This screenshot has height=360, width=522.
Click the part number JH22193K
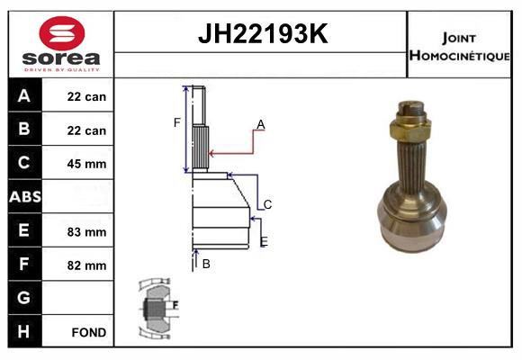click(x=261, y=35)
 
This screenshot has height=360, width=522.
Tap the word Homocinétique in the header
click(x=459, y=56)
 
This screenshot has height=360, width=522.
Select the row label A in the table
click(x=24, y=95)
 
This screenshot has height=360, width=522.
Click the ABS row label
click(x=24, y=196)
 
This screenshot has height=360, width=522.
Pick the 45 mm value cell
click(x=87, y=164)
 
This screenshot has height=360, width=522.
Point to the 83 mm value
click(x=87, y=231)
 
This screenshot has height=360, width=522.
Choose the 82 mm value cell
click(x=87, y=265)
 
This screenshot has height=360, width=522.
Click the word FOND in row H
click(x=88, y=332)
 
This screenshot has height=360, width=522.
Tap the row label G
click(x=24, y=298)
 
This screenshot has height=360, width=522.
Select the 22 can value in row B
click(x=87, y=130)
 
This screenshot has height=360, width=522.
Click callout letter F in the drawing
click(x=177, y=122)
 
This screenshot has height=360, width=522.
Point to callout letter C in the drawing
click(x=267, y=205)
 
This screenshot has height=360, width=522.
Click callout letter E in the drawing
click(x=264, y=241)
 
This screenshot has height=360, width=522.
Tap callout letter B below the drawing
click(x=206, y=264)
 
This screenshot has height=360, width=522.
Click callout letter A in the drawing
click(x=260, y=124)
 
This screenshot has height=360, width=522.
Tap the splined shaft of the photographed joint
click(x=414, y=158)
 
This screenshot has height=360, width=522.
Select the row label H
click(x=24, y=331)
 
